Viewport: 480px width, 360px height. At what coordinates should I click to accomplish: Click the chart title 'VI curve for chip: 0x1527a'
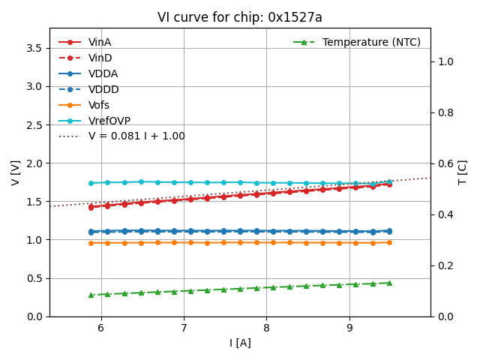coord(240,17)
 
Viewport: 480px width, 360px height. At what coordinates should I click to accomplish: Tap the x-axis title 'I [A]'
coord(240,343)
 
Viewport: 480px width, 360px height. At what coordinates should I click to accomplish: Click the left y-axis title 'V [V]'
coord(16,172)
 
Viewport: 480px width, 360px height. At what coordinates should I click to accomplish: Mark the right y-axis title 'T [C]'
coord(463,172)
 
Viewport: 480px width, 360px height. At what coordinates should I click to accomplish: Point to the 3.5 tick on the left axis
coord(34,48)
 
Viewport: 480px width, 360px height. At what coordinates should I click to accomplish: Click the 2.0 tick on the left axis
coord(34,163)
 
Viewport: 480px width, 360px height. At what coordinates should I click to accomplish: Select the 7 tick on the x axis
coord(184,328)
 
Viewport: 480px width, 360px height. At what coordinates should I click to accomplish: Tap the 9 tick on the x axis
coord(349,328)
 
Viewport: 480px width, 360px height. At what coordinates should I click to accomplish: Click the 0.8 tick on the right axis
coord(445,112)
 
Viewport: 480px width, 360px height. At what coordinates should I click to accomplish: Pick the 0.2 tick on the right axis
coord(445,265)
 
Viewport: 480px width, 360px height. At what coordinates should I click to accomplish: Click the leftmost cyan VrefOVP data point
coord(91,183)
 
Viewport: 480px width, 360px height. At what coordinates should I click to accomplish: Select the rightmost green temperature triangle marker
coord(389,283)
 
